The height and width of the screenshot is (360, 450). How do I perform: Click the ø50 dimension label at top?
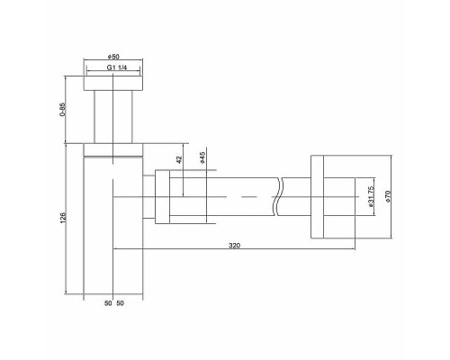(112, 58)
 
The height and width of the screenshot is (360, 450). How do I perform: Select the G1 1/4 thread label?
(112, 68)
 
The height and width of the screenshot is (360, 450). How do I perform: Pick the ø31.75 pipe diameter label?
(371, 196)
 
